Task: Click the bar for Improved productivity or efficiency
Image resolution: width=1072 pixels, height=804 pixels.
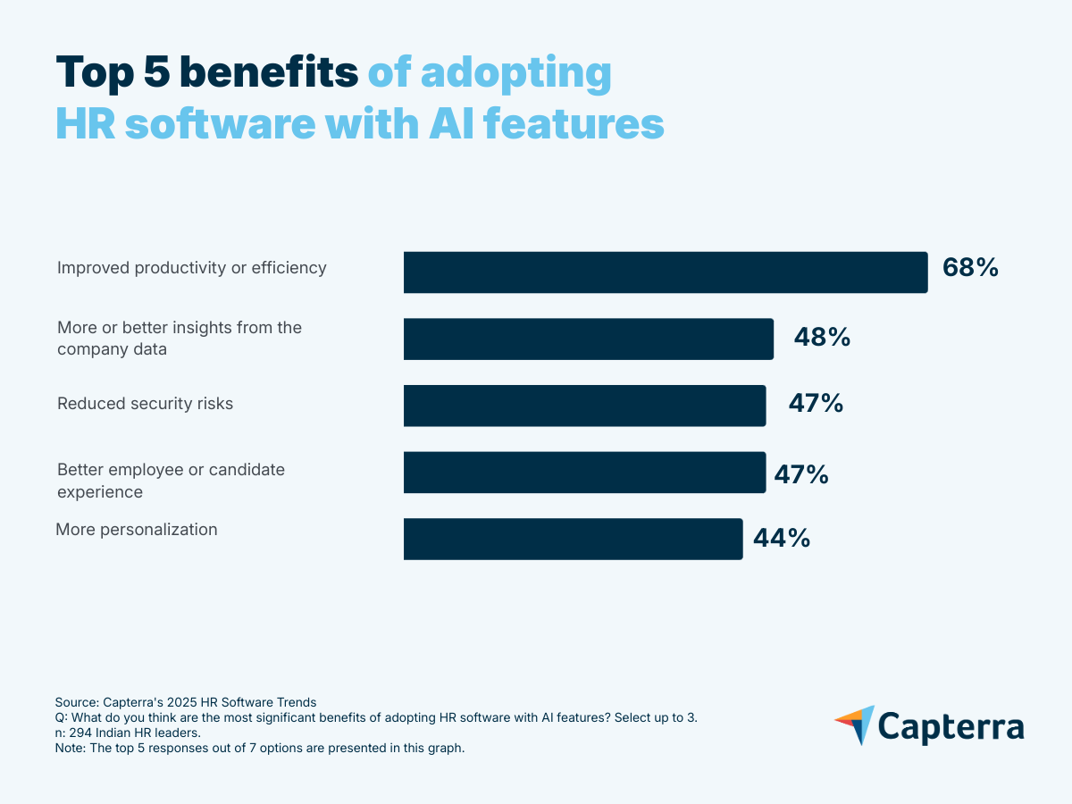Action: click(666, 272)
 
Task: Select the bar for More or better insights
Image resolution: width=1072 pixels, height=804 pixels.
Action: click(588, 339)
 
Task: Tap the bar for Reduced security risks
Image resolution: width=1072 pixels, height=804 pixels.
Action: click(584, 406)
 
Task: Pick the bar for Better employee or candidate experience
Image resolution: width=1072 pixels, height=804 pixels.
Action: click(584, 473)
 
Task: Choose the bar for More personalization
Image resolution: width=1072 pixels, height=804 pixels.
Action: click(573, 539)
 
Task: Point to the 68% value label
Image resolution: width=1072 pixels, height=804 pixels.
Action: click(970, 268)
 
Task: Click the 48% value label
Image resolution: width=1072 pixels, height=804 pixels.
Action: click(822, 338)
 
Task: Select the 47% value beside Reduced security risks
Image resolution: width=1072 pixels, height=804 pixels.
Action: click(816, 404)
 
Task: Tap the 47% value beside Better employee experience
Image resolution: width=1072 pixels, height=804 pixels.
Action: click(800, 473)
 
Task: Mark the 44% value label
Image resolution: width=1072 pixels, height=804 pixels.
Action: click(782, 539)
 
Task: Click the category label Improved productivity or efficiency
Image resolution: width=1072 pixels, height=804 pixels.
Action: click(192, 268)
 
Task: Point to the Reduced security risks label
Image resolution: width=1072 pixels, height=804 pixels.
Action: click(145, 404)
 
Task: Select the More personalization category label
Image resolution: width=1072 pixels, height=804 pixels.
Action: click(137, 530)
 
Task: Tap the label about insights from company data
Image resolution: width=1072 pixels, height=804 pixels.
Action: click(180, 338)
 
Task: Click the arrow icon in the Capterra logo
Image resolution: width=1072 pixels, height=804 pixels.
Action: click(855, 724)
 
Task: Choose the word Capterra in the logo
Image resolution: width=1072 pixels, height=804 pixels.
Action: click(951, 726)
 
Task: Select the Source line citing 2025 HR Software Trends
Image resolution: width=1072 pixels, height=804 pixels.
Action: click(186, 702)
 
